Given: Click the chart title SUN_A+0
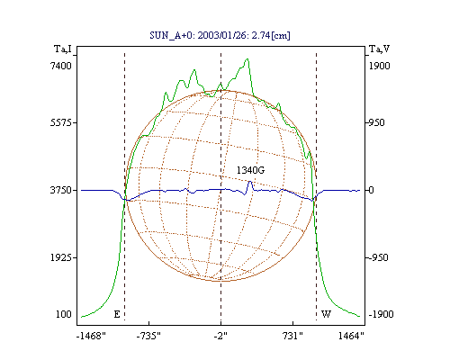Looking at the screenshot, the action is [x=169, y=35].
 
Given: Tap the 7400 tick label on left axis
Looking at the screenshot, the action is [x=61, y=66].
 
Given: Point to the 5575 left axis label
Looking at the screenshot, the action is [x=61, y=122].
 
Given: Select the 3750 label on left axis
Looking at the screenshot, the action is [x=61, y=190].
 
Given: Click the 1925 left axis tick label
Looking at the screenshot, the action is [x=61, y=257].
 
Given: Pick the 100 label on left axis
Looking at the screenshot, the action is [x=64, y=314].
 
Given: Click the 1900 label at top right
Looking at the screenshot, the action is [x=380, y=66].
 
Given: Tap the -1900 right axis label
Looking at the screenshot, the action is [x=381, y=314].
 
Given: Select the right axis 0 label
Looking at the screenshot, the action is [x=371, y=190].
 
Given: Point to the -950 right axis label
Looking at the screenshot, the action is [x=378, y=257].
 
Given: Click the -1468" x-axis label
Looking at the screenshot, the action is [x=92, y=336].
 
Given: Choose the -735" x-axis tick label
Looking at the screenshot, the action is [x=148, y=336].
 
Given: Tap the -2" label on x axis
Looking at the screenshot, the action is [x=220, y=336].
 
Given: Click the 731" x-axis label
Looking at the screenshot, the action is [x=292, y=336].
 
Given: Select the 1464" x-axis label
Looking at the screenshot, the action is [x=351, y=336].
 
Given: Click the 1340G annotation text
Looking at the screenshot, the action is [x=250, y=170].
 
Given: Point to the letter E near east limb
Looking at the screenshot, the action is [x=117, y=314].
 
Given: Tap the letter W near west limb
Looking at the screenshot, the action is [x=326, y=314].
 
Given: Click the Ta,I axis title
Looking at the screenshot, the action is [x=63, y=49].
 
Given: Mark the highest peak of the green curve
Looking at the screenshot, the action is [x=247, y=58].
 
